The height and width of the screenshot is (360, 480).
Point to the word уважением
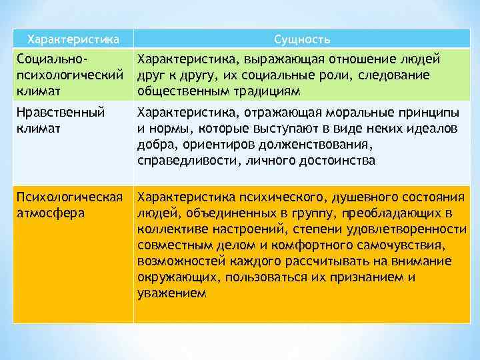click(x=172, y=293)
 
